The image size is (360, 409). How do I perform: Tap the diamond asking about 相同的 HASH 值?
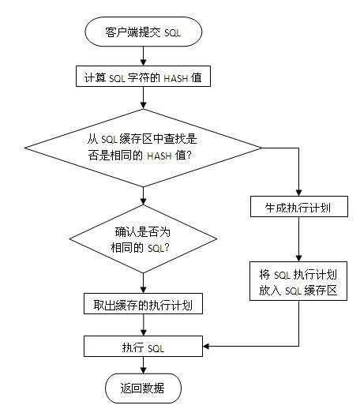142,147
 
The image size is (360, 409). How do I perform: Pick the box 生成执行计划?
299,208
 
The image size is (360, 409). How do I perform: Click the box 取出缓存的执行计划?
143,305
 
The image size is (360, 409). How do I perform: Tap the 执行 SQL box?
143,346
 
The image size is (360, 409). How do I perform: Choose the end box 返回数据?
143,388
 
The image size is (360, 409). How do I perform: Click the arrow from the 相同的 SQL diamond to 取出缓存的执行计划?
143,281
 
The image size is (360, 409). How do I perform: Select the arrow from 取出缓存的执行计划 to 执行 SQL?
143,325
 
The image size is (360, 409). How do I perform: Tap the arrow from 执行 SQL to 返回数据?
143,365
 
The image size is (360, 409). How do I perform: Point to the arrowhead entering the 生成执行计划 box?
299,193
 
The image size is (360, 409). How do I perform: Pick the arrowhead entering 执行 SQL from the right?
207,346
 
